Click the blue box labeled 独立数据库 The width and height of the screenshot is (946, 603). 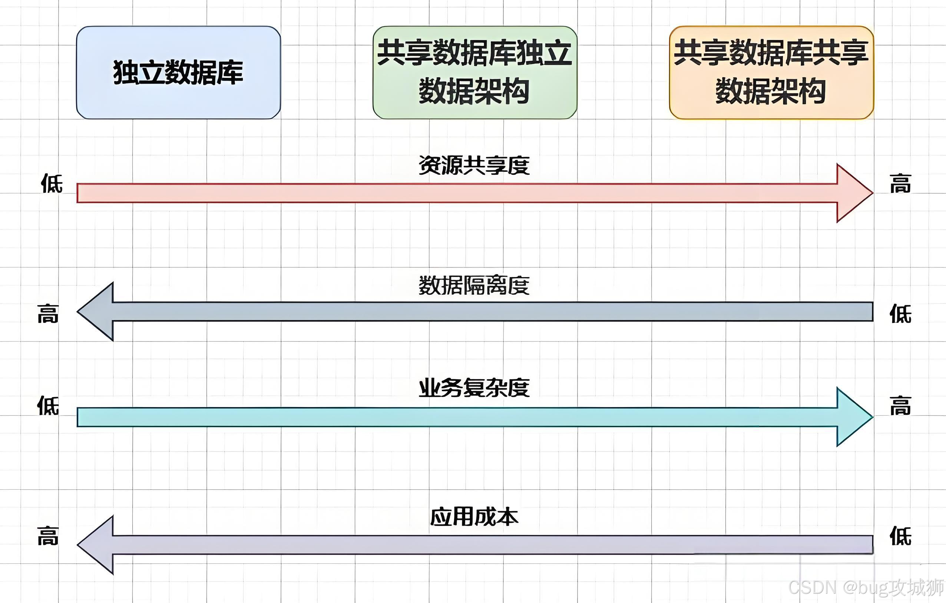[x=178, y=73]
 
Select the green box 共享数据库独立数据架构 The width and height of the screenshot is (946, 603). [x=474, y=73]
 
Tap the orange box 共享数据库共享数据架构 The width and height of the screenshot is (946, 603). [x=771, y=73]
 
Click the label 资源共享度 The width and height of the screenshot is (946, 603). [x=474, y=165]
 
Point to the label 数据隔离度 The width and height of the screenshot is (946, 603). [x=474, y=286]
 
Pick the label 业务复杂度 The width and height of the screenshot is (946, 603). [x=474, y=388]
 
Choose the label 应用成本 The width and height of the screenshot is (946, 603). [x=474, y=517]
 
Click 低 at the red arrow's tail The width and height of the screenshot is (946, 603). [x=52, y=183]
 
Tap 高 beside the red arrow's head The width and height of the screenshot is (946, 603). [x=900, y=183]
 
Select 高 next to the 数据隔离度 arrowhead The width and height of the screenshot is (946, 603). [x=48, y=314]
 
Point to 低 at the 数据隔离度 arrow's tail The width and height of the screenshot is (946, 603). [x=900, y=314]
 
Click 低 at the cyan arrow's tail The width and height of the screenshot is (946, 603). [x=48, y=406]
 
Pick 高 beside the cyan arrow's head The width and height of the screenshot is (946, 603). [x=900, y=406]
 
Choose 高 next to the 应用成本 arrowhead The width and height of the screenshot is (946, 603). [x=48, y=536]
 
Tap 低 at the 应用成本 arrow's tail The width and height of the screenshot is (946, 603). [x=900, y=536]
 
